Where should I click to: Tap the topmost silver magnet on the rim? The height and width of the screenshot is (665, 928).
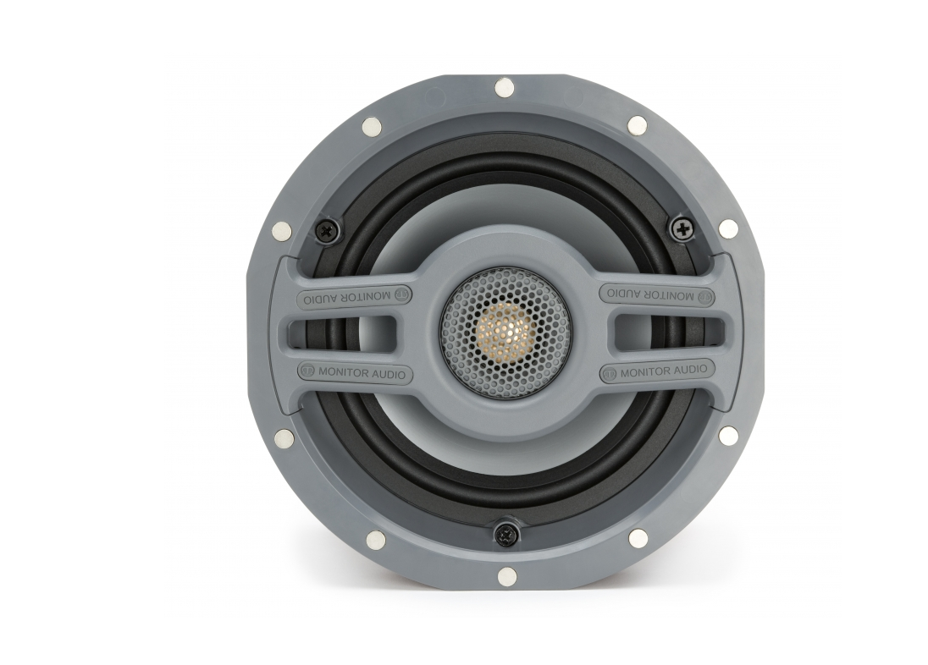pyautogui.click(x=504, y=89)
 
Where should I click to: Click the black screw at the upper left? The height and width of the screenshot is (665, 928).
pyautogui.click(x=325, y=229)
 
